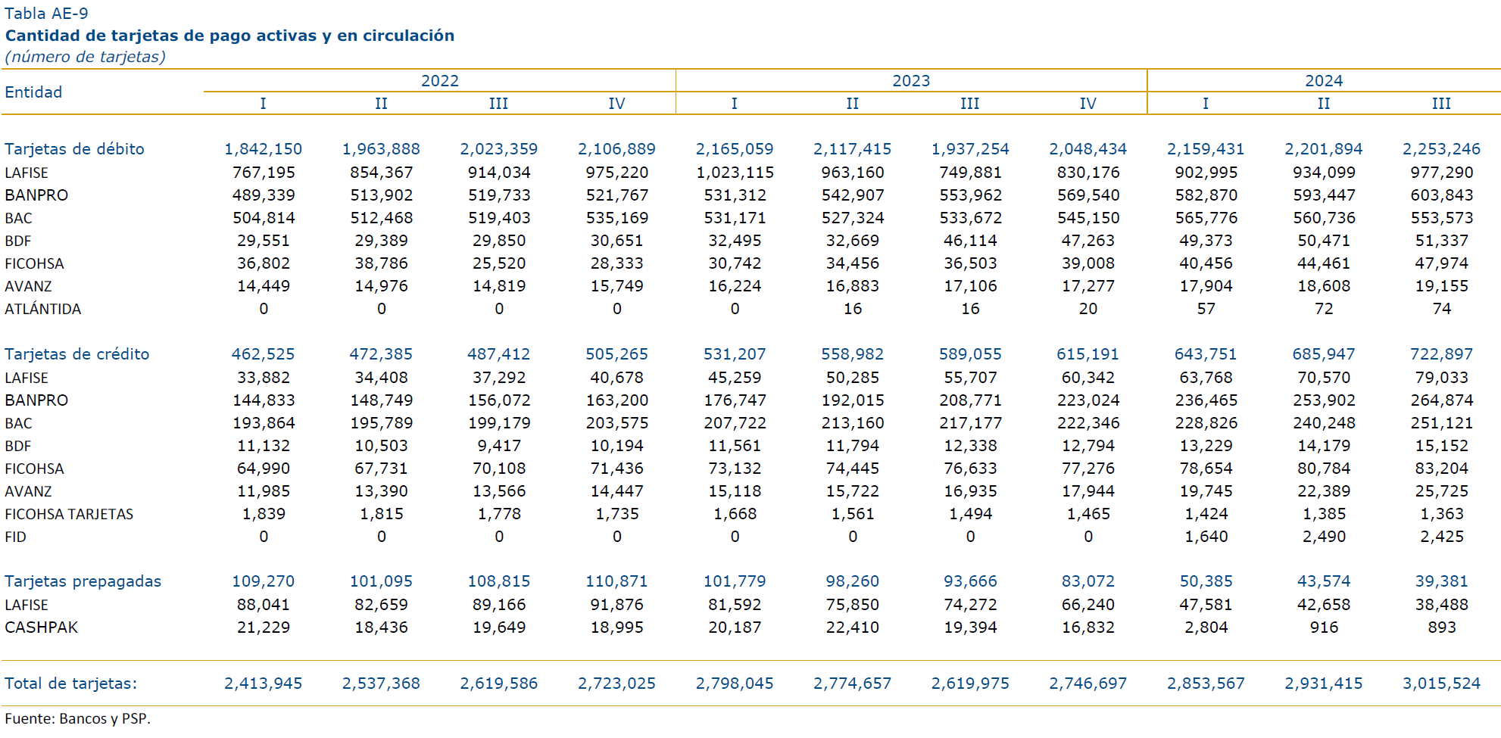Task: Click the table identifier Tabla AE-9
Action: coord(46,14)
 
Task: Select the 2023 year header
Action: coord(911,81)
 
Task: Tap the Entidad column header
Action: coord(33,92)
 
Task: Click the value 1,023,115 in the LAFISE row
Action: coord(735,173)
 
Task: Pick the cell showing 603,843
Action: coord(1441,195)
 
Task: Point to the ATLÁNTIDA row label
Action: coord(42,309)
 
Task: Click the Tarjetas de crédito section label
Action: coord(77,354)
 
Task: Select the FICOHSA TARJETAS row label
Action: coord(69,514)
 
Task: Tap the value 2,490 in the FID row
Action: coord(1324,537)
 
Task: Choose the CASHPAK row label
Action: coord(41,627)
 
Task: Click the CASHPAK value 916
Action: coord(1324,627)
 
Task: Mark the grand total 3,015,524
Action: coord(1441,684)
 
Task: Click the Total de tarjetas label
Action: coord(71,684)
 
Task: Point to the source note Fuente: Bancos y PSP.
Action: coord(77,718)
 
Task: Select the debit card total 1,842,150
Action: coord(263,149)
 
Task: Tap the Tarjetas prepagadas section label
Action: coord(83,581)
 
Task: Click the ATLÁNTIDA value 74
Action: coord(1441,309)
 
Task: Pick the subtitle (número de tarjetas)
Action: coord(85,57)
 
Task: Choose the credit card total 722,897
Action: coord(1441,354)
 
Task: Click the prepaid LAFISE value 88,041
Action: coord(263,605)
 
